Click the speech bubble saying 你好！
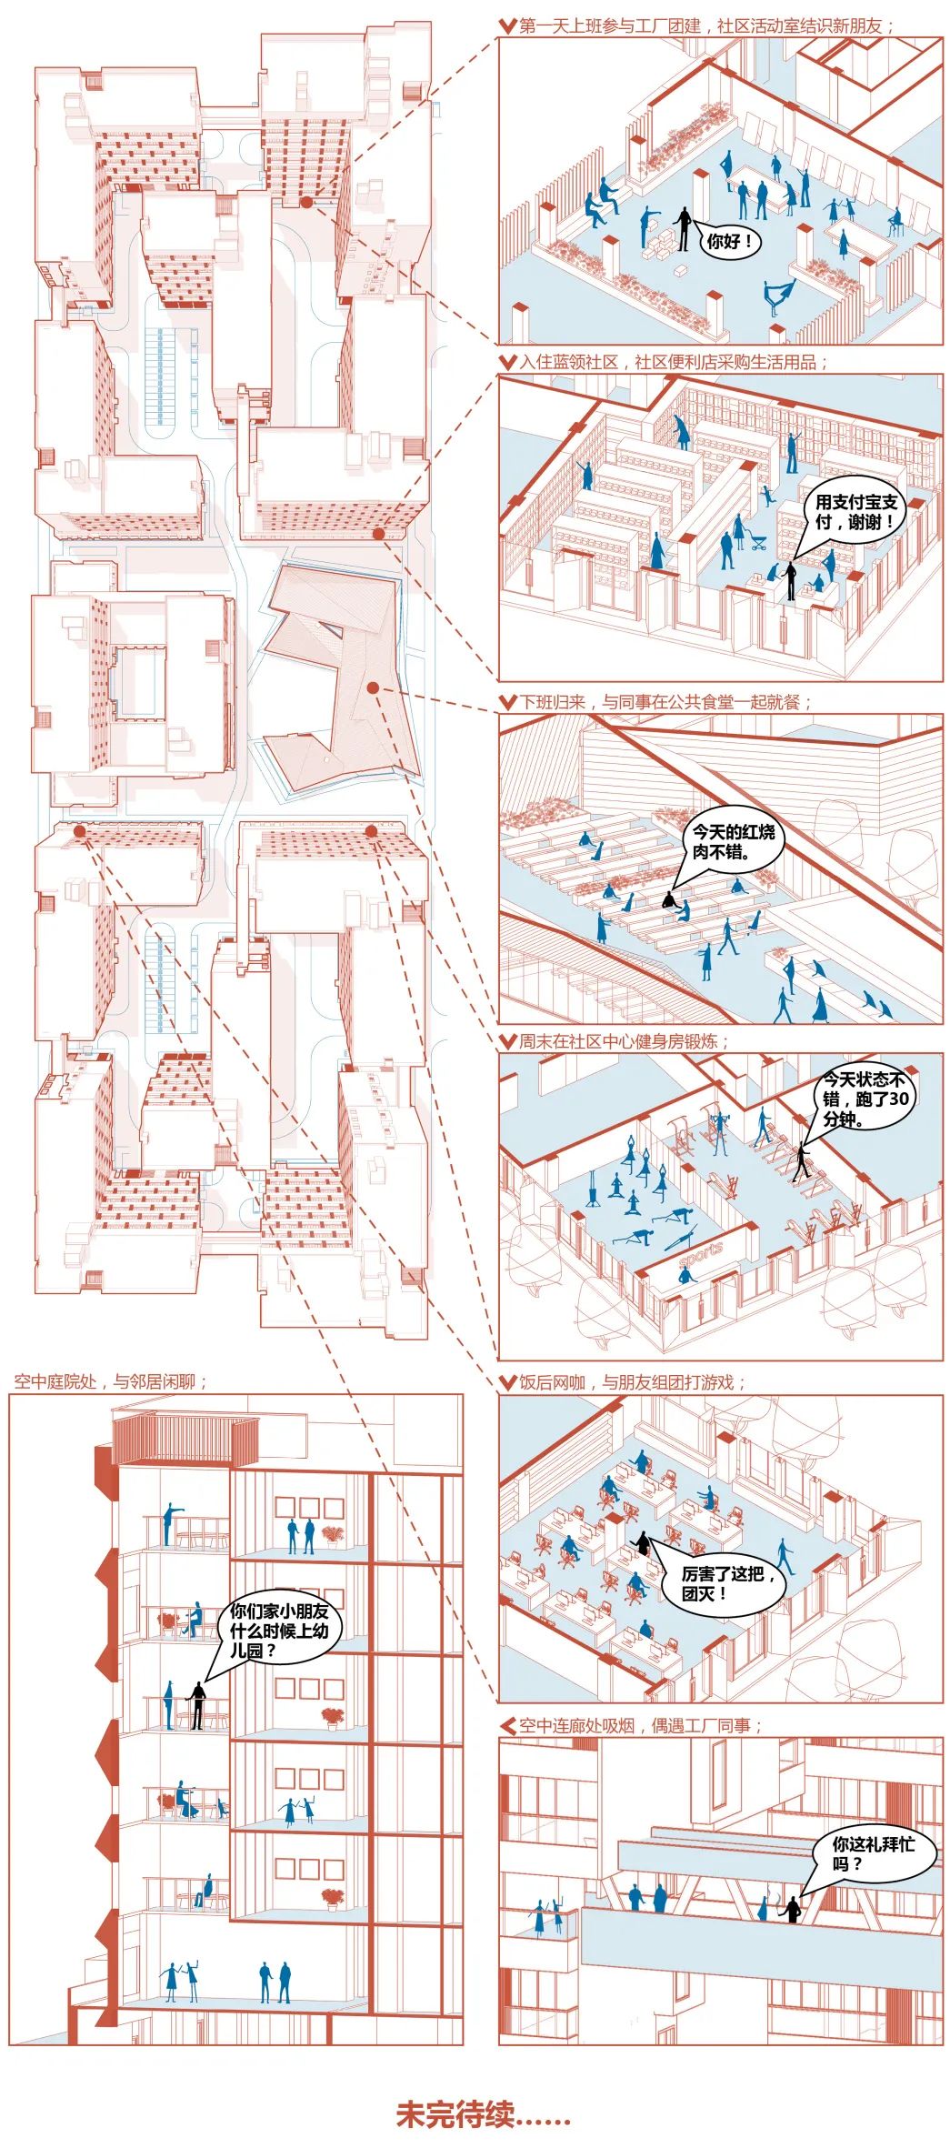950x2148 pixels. click(x=730, y=242)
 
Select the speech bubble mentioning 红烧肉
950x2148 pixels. click(x=732, y=842)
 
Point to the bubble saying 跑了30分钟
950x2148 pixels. click(x=864, y=1099)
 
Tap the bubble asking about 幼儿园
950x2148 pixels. click(x=278, y=1630)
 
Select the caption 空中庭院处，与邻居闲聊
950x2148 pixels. click(x=110, y=1381)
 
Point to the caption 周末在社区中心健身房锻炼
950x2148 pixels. click(x=625, y=1040)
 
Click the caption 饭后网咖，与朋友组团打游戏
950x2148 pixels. click(x=633, y=1382)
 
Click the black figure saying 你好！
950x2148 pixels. click(x=683, y=230)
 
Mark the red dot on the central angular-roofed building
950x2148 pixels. click(x=372, y=688)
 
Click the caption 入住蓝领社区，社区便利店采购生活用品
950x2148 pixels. click(x=674, y=362)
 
